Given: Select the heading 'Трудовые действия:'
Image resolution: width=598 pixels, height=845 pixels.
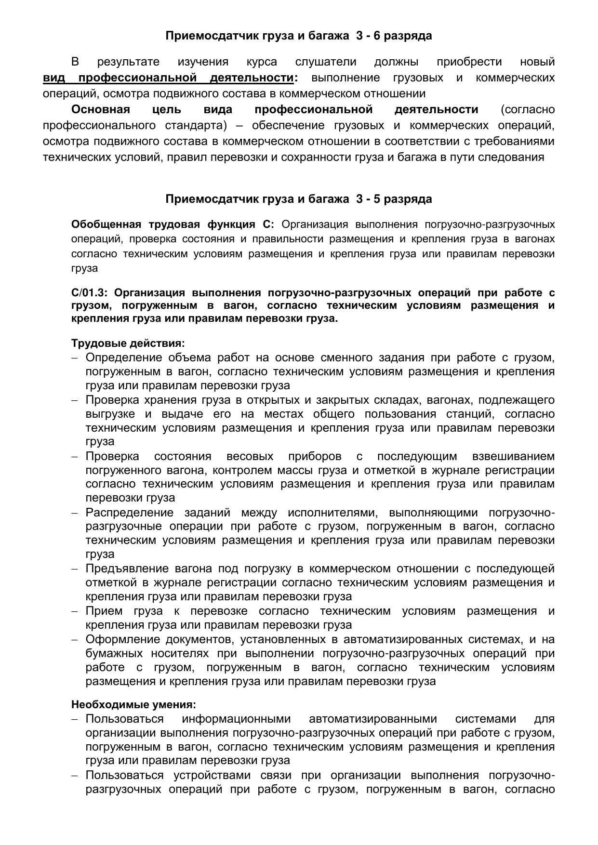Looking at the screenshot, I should click(x=128, y=343).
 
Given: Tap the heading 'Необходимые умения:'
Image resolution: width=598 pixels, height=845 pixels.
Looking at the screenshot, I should click(x=133, y=705).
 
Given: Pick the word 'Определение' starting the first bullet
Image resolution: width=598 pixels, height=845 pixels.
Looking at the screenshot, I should click(x=124, y=357).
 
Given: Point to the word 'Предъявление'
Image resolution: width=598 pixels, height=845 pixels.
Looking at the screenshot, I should click(x=127, y=569).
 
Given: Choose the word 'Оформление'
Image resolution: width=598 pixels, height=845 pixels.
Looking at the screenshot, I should click(x=123, y=639).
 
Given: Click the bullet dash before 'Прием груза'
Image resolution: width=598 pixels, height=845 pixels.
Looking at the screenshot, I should click(x=75, y=612).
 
